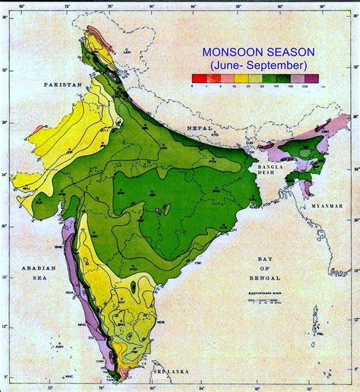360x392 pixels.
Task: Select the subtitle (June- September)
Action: pos(254,66)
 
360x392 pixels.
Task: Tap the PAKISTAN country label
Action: pos(64,85)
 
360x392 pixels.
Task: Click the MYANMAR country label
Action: pos(329,206)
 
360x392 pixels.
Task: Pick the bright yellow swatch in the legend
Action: pos(229,78)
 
